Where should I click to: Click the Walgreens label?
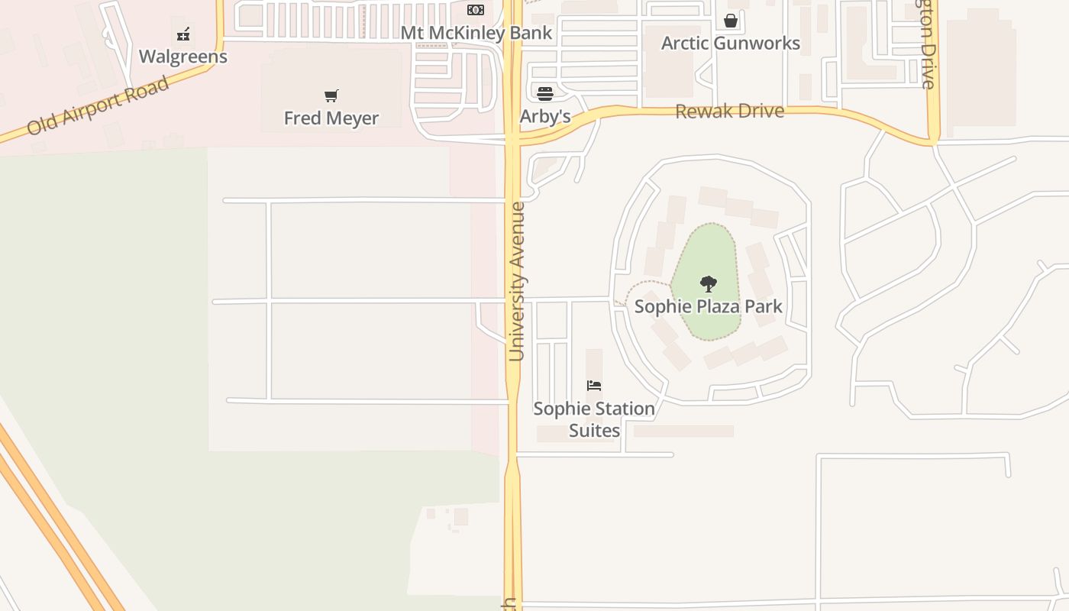click(183, 57)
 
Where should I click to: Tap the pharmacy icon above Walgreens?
click(183, 34)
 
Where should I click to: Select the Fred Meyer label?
click(331, 118)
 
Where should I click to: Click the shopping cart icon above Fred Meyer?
click(331, 96)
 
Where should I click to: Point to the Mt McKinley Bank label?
click(476, 33)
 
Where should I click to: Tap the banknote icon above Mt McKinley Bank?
click(476, 10)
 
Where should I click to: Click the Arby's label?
click(545, 117)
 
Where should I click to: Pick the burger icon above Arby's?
click(545, 94)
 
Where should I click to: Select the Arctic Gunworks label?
click(731, 43)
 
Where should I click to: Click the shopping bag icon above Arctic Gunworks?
click(731, 21)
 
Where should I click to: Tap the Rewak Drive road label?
click(729, 112)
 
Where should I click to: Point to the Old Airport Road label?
click(98, 105)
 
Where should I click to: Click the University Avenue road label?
click(517, 281)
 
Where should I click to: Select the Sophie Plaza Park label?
click(709, 307)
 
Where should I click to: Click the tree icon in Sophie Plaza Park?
click(709, 284)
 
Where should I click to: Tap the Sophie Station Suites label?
click(594, 419)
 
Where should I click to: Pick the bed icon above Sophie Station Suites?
click(594, 386)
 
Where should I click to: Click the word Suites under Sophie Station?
click(594, 431)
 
